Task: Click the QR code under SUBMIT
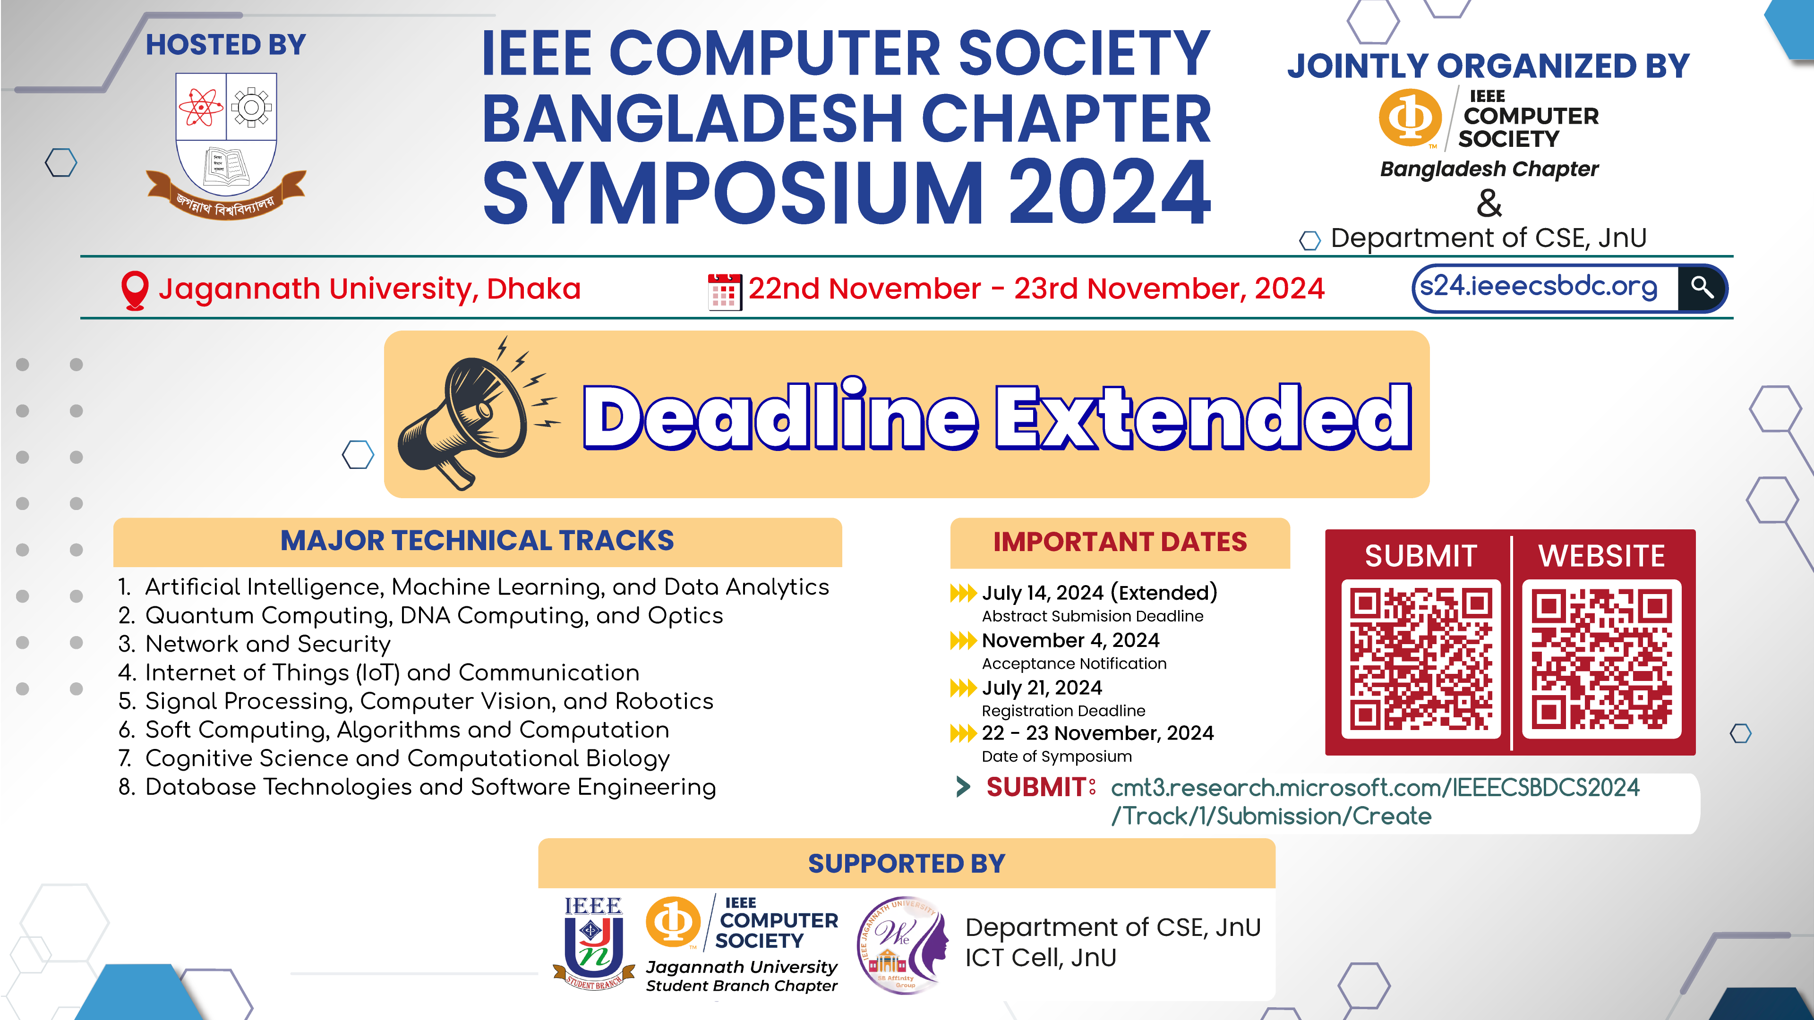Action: pos(1420,659)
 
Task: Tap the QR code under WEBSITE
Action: pos(1601,659)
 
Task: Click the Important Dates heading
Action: pos(1120,542)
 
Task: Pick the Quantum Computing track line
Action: pos(434,616)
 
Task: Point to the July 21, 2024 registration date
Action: pos(1042,688)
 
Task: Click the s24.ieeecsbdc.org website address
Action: pos(1539,287)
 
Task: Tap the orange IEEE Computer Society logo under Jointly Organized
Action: pos(1409,118)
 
